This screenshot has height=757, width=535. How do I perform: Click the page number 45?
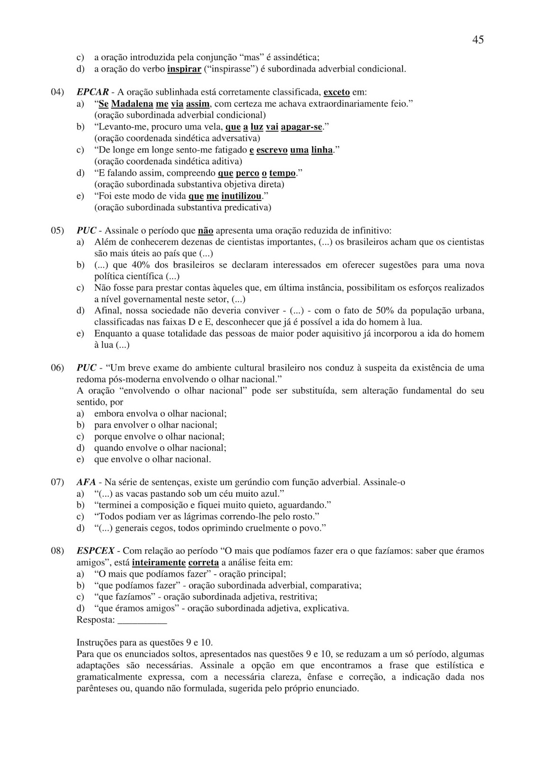click(x=478, y=40)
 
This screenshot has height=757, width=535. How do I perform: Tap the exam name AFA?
click(x=86, y=482)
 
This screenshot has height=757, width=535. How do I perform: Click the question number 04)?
click(x=57, y=92)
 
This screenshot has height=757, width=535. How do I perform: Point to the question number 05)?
click(x=57, y=231)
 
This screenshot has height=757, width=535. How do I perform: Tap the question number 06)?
click(x=57, y=368)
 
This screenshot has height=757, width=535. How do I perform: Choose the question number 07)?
click(x=57, y=482)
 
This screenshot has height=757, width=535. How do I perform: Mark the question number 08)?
click(x=57, y=551)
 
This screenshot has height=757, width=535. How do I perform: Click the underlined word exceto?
click(x=337, y=92)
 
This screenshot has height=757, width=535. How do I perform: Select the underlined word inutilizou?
click(x=241, y=196)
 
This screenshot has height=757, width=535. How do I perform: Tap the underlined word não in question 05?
click(x=205, y=231)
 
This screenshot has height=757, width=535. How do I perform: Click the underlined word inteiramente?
click(x=159, y=563)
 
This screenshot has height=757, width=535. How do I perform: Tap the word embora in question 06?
click(x=108, y=414)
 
